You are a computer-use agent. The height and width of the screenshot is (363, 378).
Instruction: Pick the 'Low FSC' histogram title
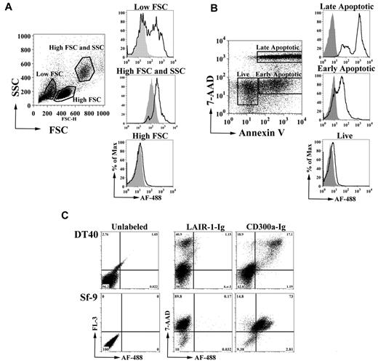click(149, 7)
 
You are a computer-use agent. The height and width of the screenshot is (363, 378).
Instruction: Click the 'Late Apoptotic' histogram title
click(339, 7)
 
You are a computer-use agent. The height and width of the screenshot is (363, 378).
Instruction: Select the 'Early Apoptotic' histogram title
click(339, 70)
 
